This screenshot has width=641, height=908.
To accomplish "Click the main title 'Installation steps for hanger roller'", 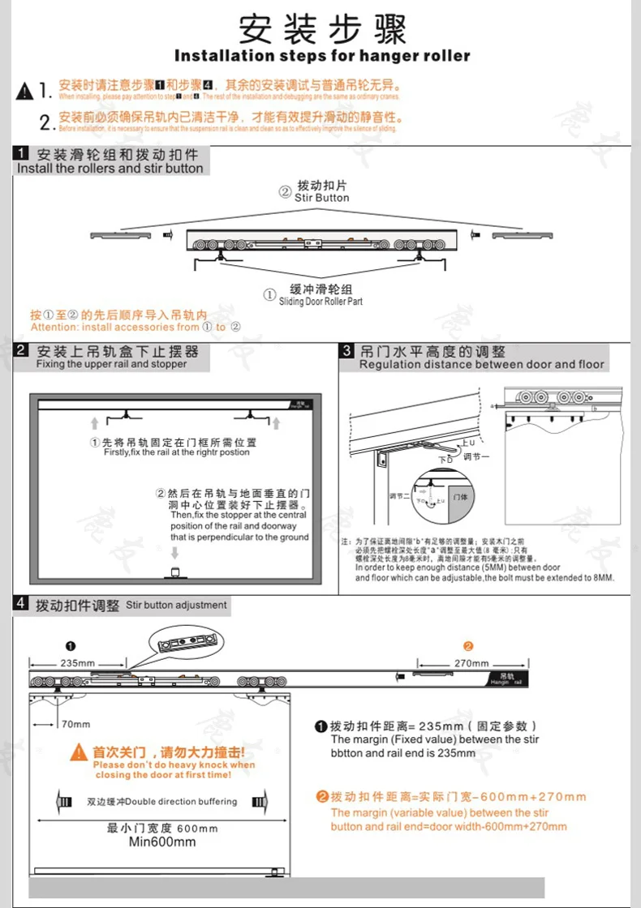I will (322, 56).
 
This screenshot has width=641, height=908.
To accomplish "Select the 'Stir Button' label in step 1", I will (322, 197).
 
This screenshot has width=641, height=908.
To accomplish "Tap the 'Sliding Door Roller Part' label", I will (320, 301).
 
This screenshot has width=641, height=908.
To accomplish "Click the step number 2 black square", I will (22, 351).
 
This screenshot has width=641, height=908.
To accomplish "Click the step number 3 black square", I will (346, 351).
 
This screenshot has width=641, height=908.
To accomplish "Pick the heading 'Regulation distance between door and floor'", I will (482, 365).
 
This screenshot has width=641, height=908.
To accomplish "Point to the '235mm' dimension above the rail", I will (77, 662).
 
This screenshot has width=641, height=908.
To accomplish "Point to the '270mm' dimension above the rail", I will (471, 662).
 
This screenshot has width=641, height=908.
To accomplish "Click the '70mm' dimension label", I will (75, 724).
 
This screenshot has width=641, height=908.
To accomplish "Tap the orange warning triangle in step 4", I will (79, 752).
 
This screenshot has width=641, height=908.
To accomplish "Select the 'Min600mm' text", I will (162, 842).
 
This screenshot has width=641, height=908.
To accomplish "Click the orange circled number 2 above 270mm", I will (467, 646).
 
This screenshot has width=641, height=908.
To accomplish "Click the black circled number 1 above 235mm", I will (71, 646).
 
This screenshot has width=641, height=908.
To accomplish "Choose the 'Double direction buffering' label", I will (162, 802).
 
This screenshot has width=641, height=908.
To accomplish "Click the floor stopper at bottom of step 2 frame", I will (174, 574).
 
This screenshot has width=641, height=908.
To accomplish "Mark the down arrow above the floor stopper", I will (174, 554).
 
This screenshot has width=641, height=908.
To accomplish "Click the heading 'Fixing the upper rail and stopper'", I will (111, 365).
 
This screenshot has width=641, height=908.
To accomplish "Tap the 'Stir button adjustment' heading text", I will (176, 605).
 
